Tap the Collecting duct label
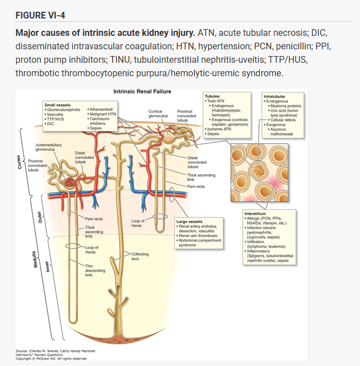[x=140, y=256]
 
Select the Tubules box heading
[x=213, y=96]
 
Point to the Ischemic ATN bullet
[x=220, y=129]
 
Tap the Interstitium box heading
[x=259, y=214]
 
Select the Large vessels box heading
[x=189, y=221]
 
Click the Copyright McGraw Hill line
[x=52, y=358]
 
